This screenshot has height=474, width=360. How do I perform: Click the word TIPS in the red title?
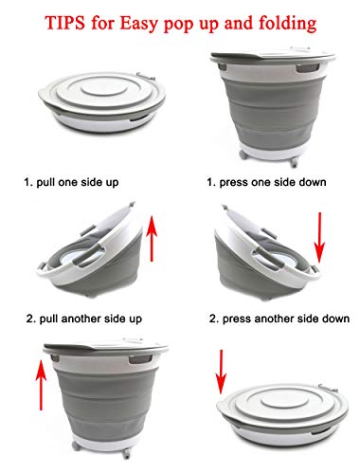pos(65,23)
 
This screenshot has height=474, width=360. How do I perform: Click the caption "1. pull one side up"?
pos(71,182)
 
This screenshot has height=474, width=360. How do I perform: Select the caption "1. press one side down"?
pos(266,182)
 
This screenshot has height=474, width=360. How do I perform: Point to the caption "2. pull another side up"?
pos(84,319)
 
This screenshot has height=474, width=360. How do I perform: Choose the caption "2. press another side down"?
pos(279,319)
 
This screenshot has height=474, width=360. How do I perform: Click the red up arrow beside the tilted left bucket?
pos(152,239)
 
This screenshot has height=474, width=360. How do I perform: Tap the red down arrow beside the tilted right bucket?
pos(319,238)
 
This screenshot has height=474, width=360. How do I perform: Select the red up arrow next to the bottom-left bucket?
pos(41,385)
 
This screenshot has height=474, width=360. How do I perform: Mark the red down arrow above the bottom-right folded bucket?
pos(221,373)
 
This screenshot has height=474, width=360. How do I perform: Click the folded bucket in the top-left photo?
pos(102,101)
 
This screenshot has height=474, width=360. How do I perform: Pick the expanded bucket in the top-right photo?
pos(273,106)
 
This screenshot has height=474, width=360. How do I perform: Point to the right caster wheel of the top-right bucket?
pos(294,161)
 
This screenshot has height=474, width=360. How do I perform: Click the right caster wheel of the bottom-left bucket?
pos(127,453)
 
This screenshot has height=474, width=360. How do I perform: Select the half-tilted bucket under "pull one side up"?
pos(90,249)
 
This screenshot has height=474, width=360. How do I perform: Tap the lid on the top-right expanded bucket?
pos(273,56)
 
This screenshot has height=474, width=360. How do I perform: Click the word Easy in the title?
pos(138,24)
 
